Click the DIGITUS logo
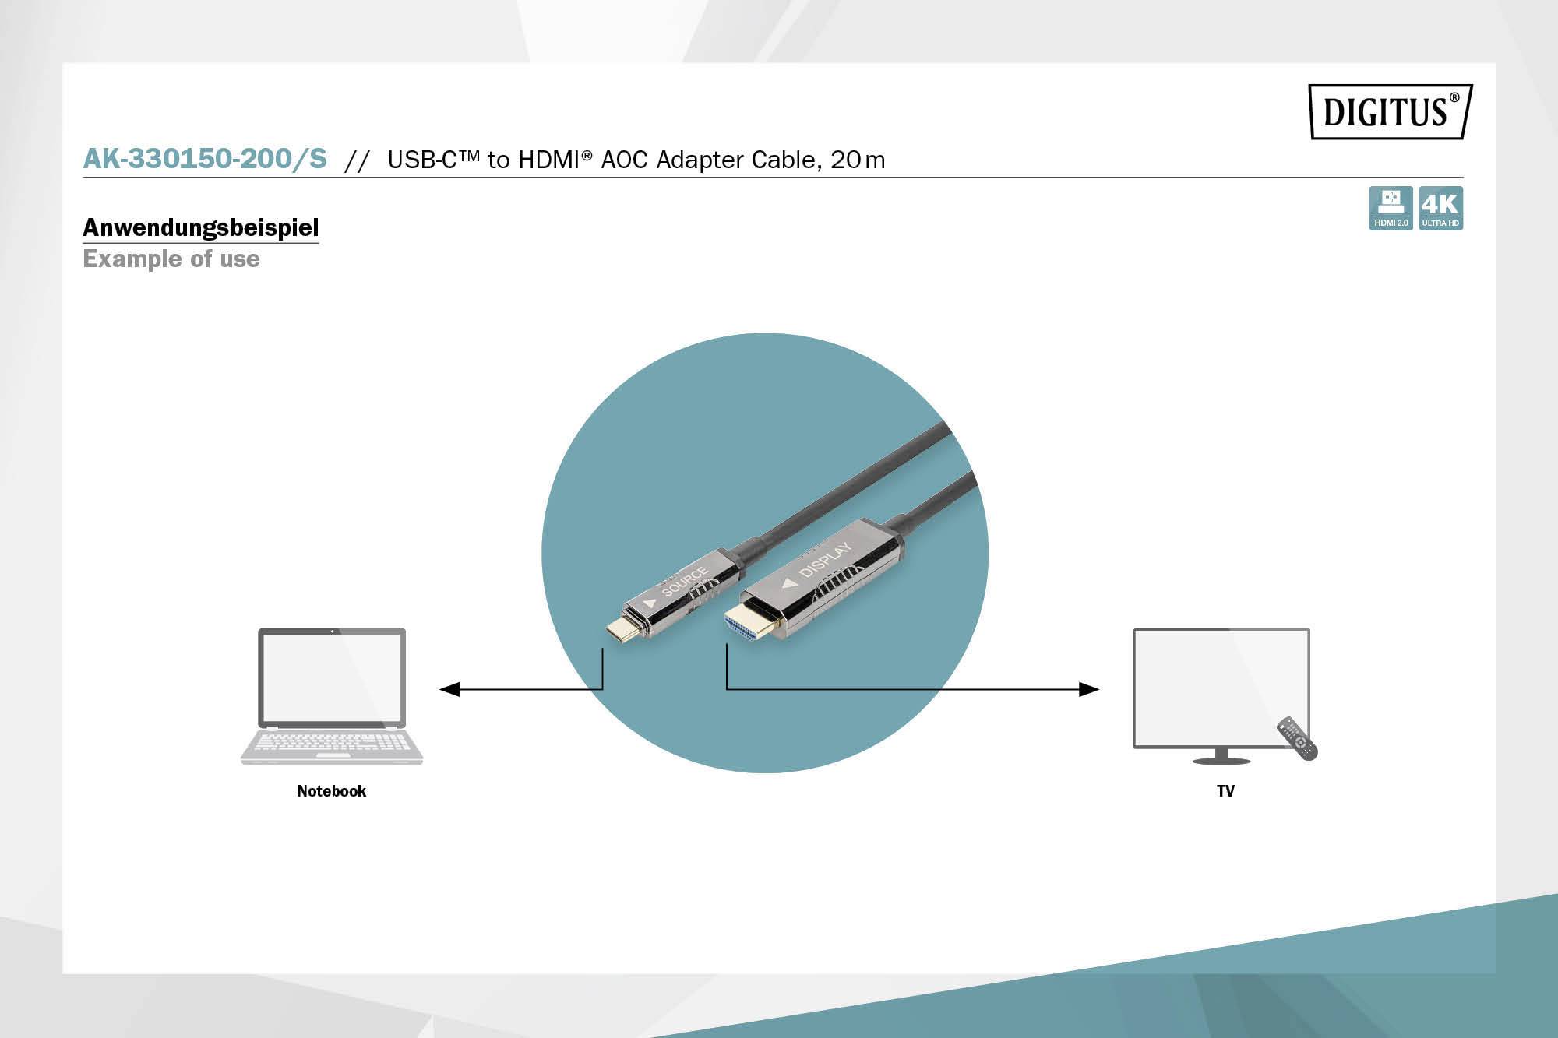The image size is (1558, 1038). point(1390,111)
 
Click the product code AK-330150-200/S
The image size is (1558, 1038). point(205,159)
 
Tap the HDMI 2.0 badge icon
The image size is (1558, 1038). point(1391,208)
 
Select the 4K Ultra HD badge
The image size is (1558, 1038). point(1440,208)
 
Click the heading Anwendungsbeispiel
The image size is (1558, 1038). point(201,227)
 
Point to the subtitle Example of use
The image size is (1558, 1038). point(171,259)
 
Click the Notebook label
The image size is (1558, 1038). point(331,791)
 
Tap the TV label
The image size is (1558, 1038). point(1225,791)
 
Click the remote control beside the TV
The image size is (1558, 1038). point(1297,738)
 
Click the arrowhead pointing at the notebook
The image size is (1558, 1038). point(449,689)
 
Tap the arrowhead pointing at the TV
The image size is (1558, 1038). point(1089,689)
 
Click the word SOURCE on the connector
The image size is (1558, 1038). point(684,581)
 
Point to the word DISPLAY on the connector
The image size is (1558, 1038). point(824,559)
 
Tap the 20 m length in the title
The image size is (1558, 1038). point(858,160)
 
